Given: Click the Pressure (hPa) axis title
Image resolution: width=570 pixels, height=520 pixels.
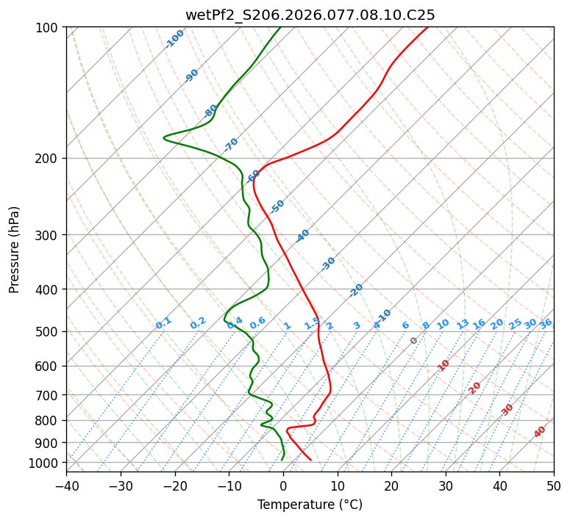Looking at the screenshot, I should pyautogui.click(x=14, y=250).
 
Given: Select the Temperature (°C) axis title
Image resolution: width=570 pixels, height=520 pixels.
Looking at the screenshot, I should pyautogui.click(x=310, y=505).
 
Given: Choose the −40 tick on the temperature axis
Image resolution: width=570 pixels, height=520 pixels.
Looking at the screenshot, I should pyautogui.click(x=66, y=485).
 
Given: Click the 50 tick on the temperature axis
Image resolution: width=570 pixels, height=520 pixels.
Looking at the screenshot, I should pyautogui.click(x=554, y=485).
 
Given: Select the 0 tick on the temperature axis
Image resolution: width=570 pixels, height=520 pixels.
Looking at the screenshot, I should pyautogui.click(x=283, y=485).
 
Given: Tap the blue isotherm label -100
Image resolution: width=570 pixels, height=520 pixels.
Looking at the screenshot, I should pyautogui.click(x=175, y=38).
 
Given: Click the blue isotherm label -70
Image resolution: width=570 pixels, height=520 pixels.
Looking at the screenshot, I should pyautogui.click(x=231, y=144).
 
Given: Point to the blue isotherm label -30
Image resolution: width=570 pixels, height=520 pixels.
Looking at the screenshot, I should pyautogui.click(x=328, y=263).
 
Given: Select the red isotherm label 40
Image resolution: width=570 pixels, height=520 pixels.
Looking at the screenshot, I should pyautogui.click(x=540, y=432).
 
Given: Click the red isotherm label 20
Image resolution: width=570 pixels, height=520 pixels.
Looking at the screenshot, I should pyautogui.click(x=475, y=387).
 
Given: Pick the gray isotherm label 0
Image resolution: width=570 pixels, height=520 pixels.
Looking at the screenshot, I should pyautogui.click(x=414, y=341).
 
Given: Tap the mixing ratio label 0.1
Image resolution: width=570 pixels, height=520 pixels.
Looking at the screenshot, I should pyautogui.click(x=163, y=322).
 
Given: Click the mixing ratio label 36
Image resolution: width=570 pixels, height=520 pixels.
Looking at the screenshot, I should pyautogui.click(x=546, y=323).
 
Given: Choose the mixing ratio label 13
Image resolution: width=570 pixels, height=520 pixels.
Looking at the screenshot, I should pyautogui.click(x=463, y=324).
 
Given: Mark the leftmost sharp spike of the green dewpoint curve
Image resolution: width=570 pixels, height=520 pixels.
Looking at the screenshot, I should pyautogui.click(x=164, y=137).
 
